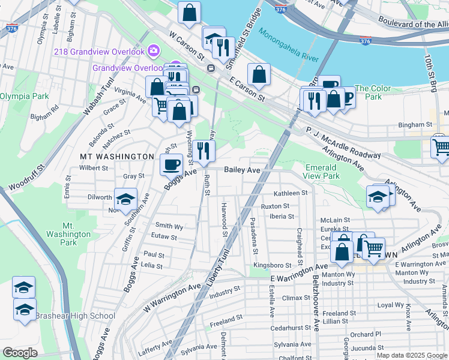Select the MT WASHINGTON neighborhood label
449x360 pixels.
(x=117, y=156)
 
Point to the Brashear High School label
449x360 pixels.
(x=75, y=316)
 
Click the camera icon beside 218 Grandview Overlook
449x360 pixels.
(x=154, y=51)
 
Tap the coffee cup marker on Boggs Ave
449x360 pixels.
(x=172, y=164)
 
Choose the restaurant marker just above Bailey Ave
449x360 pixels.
(x=204, y=151)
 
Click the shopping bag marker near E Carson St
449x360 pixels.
(x=259, y=74)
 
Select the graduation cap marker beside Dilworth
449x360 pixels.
(x=125, y=199)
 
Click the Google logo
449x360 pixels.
(x=20, y=352)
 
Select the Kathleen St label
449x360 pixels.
(x=291, y=193)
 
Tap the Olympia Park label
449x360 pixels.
(x=24, y=96)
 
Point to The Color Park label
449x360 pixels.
(x=373, y=92)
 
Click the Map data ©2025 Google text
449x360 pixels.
(x=412, y=355)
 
